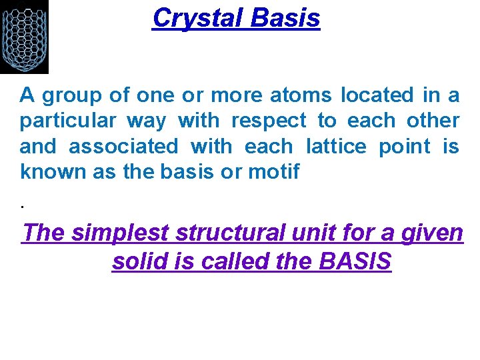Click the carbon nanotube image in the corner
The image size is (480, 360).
pyautogui.click(x=24, y=37)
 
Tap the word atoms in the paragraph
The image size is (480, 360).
pyautogui.click(x=300, y=95)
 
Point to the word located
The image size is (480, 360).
pyautogui.click(x=377, y=95)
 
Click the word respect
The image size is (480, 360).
pyautogui.click(x=269, y=121)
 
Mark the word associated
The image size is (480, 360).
pyautogui.click(x=123, y=146)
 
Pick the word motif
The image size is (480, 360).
pyautogui.click(x=274, y=171)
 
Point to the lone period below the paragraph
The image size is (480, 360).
pyautogui.click(x=23, y=205)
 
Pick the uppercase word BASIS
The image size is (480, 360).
pyautogui.click(x=355, y=261)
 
